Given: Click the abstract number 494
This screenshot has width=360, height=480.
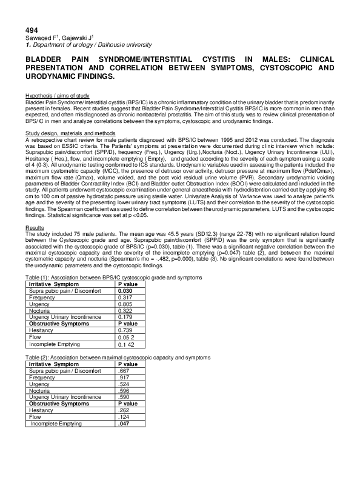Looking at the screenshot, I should pyautogui.click(x=31, y=30).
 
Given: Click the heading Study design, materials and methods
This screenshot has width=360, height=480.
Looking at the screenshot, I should pyautogui.click(x=70, y=133).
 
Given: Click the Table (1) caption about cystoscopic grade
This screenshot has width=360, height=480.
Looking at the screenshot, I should pyautogui.click(x=113, y=259).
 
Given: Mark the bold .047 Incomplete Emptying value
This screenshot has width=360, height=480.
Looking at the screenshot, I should pyautogui.click(x=123, y=424).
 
